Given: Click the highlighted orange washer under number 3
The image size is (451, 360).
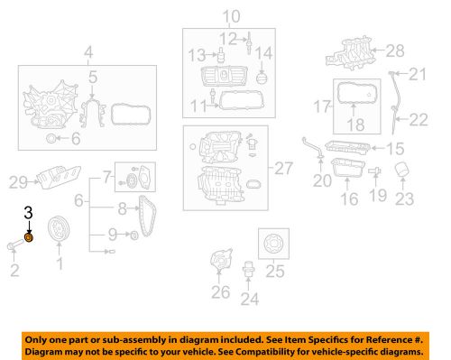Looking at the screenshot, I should (x=29, y=237).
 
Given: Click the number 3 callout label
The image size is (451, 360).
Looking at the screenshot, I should (x=28, y=213).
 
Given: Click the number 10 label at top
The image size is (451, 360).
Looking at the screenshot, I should (x=233, y=14).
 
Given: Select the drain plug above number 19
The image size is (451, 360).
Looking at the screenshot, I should (x=377, y=171).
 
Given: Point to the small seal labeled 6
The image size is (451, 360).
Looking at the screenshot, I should (x=50, y=139).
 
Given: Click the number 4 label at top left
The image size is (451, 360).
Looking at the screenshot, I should (x=88, y=51).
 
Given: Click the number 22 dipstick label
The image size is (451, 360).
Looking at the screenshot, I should (x=419, y=118).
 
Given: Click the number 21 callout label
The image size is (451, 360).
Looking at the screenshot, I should (x=417, y=74).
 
